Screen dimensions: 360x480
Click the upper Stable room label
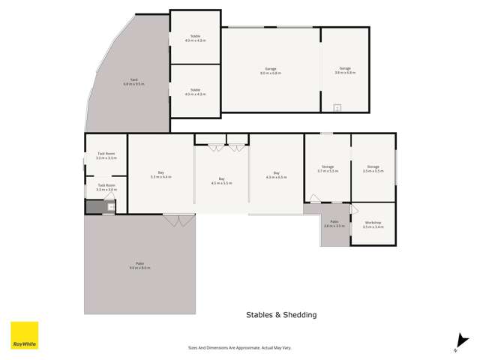tap(195, 37)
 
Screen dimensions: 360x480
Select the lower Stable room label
tap(195, 91)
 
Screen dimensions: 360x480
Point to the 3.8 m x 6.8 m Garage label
tap(345, 70)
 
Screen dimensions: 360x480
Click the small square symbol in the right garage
tap(337, 108)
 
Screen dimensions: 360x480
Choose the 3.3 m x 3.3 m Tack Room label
tap(106, 155)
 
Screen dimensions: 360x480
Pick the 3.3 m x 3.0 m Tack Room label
tap(106, 187)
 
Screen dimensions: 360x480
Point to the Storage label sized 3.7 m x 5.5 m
tap(328, 169)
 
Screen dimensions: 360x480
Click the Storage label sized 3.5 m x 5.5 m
tap(373, 169)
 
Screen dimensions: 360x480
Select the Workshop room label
tap(373, 224)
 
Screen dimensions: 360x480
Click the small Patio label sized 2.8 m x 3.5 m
tap(334, 223)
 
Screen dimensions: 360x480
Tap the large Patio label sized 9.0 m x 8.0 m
tap(140, 265)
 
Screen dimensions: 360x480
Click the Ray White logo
tap(24, 335)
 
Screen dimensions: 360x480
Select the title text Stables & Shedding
tap(281, 315)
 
